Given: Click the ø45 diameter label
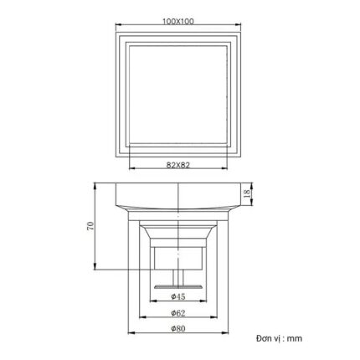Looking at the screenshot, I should (180, 297).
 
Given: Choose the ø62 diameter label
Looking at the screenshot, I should (180, 313).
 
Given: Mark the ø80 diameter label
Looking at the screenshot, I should (180, 329).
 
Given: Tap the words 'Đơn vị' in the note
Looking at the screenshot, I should (269, 338).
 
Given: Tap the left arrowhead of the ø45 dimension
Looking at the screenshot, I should (152, 304).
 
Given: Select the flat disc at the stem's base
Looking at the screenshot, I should (180, 287).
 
